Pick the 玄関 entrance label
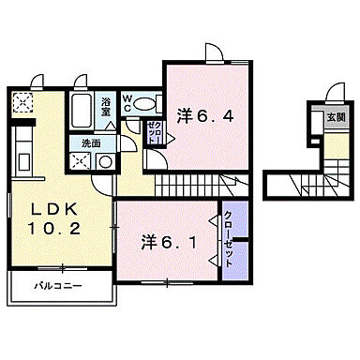pyautogui.click(x=335, y=117)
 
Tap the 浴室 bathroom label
pyautogui.click(x=107, y=104)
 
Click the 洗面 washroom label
pyautogui.click(x=90, y=143)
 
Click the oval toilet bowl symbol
pyautogui.click(x=144, y=105)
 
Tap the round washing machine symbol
pyautogui.click(x=106, y=161)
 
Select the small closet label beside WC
pyautogui.click(x=155, y=132)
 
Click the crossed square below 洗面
pyautogui.click(x=81, y=161)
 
